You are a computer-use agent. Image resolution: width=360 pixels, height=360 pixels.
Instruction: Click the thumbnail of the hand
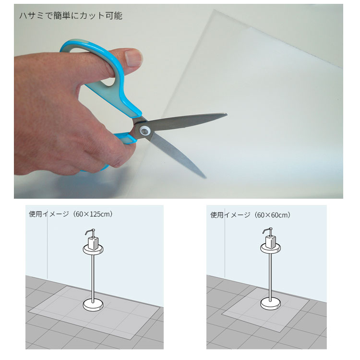pyautogui.click(x=133, y=58)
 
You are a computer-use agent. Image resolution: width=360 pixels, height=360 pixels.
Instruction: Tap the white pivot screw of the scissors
pyautogui.click(x=144, y=132)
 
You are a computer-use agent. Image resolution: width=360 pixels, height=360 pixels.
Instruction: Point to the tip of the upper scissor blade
pyautogui.click(x=227, y=114)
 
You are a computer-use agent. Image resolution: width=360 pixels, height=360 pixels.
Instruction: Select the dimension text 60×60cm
pyautogui.click(x=272, y=215)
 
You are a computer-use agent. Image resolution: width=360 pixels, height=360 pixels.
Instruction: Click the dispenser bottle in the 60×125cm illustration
pyautogui.click(x=93, y=243)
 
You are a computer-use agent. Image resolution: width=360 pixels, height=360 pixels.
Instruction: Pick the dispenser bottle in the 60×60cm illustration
pyautogui.click(x=271, y=241)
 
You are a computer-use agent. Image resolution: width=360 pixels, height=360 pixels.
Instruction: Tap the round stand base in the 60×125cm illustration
pyautogui.click(x=93, y=305)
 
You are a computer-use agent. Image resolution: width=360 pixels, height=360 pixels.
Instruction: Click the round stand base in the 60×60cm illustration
pyautogui.click(x=271, y=304)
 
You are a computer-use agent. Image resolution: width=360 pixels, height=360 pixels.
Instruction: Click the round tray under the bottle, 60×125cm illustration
pyautogui.click(x=93, y=250)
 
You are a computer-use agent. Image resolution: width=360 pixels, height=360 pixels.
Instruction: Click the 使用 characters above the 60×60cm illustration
pyautogui.click(x=217, y=215)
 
